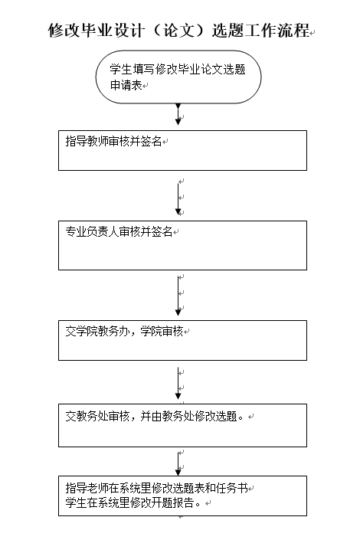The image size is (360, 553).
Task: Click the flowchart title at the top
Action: (x=178, y=31)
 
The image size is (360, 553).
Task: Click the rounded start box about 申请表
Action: (x=178, y=77)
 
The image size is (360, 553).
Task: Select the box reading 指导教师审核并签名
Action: (x=182, y=151)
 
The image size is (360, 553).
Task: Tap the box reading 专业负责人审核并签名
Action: (x=182, y=245)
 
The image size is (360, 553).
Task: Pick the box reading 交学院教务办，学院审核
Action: (x=182, y=340)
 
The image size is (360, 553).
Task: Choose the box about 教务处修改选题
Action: (x=182, y=425)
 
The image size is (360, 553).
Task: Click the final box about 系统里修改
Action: (x=182, y=496)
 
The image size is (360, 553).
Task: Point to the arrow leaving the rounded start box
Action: (x=178, y=114)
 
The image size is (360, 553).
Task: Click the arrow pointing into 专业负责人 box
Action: (x=178, y=199)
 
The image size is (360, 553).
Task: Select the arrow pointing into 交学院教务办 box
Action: (x=178, y=296)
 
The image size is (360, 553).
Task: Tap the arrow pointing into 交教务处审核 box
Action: (x=178, y=384)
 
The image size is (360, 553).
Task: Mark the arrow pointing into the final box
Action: (x=178, y=464)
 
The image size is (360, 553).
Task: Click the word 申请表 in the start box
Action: (x=126, y=85)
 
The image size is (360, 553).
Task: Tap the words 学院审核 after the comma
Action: (x=162, y=331)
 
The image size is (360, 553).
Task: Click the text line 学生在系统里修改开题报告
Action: (x=133, y=502)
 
